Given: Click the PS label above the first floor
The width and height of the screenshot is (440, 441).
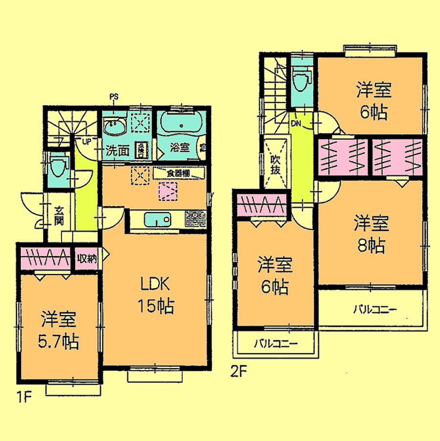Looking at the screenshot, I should pyautogui.click(x=113, y=97).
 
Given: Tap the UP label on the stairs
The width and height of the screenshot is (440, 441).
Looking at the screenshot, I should pyautogui.click(x=86, y=142).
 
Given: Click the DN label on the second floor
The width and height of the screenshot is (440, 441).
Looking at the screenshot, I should pyautogui.click(x=297, y=123).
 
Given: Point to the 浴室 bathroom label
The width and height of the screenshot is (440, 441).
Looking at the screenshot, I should pyautogui.click(x=179, y=147).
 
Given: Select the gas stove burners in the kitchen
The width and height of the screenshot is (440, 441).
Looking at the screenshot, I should pyautogui.click(x=195, y=218).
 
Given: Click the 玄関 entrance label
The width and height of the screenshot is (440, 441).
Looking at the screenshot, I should pyautogui.click(x=59, y=216).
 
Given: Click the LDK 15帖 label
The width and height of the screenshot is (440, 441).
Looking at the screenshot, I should pyautogui.click(x=156, y=295).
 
